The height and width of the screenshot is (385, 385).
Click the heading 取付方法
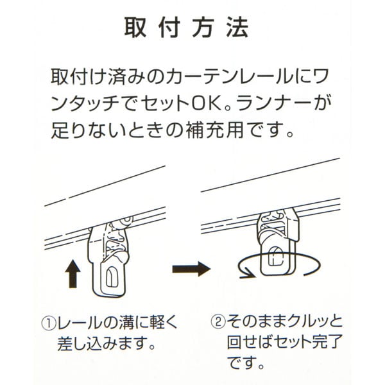[x=186, y=28]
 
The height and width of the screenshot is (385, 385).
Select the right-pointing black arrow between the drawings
[x=191, y=269]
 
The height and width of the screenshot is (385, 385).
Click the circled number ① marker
[x=49, y=323]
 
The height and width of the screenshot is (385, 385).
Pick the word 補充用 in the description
[x=214, y=130]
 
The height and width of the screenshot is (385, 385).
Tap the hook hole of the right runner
[x=276, y=256]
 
